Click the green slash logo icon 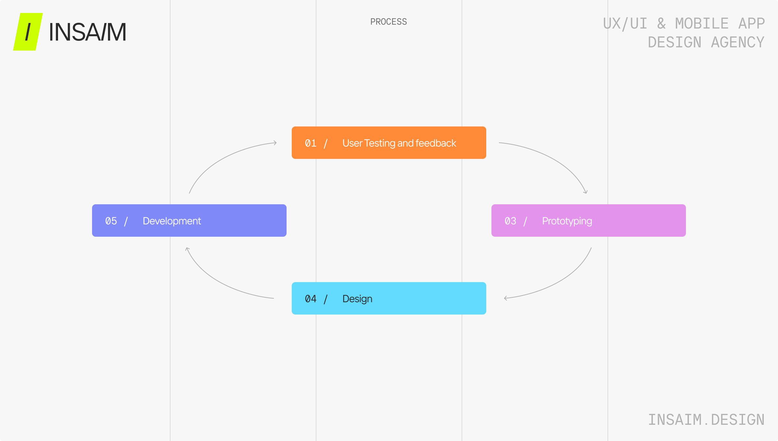pyautogui.click(x=28, y=32)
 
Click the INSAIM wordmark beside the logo pyautogui.click(x=88, y=32)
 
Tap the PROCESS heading pyautogui.click(x=388, y=22)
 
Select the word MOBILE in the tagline pyautogui.click(x=702, y=24)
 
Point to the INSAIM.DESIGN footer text pyautogui.click(x=706, y=420)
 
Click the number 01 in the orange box pyautogui.click(x=311, y=143)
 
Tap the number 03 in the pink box pyautogui.click(x=510, y=221)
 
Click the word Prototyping pyautogui.click(x=567, y=221)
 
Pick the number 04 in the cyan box pyautogui.click(x=311, y=299)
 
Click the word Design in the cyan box pyautogui.click(x=357, y=299)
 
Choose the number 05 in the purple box pyautogui.click(x=111, y=221)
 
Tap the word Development pyautogui.click(x=172, y=221)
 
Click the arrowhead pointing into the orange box pyautogui.click(x=275, y=143)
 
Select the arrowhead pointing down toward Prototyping pyautogui.click(x=586, y=192)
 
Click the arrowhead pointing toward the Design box pyautogui.click(x=505, y=298)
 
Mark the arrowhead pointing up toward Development pyautogui.click(x=187, y=249)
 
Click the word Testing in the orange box pyautogui.click(x=380, y=143)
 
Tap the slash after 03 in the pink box pyautogui.click(x=525, y=221)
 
